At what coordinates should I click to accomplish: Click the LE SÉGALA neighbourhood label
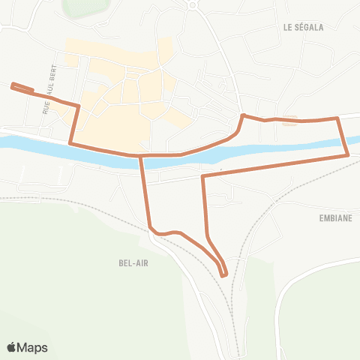tap(304, 27)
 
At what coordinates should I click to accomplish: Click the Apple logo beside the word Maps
tap(12, 347)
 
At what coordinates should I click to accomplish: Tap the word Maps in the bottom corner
tap(33, 348)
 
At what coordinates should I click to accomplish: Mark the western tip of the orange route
tap(12, 86)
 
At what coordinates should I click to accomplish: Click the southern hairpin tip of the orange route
tap(223, 274)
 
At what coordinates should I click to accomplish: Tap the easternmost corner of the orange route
tap(348, 154)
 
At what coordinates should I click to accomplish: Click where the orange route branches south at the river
tap(141, 156)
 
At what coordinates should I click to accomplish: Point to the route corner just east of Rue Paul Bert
tap(78, 106)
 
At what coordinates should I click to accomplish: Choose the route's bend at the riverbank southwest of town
tap(70, 142)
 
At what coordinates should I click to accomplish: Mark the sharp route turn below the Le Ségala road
tap(242, 115)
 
